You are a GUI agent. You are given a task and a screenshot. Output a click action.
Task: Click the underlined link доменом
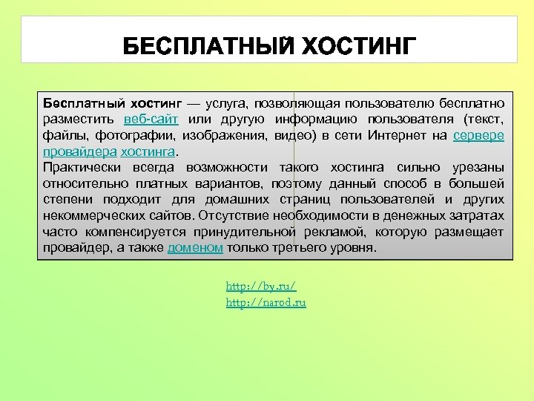click(x=195, y=248)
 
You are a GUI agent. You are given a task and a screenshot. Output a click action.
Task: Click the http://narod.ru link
click(x=266, y=302)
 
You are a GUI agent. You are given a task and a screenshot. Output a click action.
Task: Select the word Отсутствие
click(x=236, y=215)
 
